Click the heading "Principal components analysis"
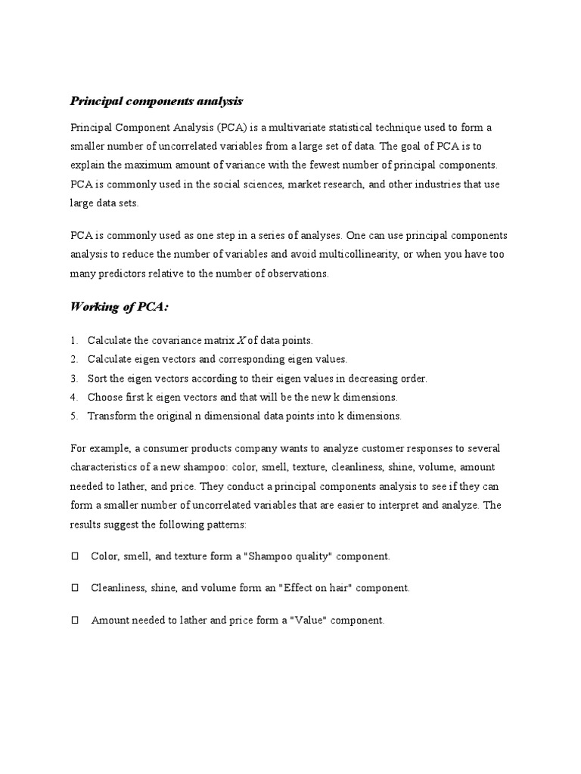point(157,101)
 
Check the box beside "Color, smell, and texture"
point(75,556)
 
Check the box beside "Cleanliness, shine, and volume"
point(75,588)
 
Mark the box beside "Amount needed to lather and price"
point(75,621)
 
